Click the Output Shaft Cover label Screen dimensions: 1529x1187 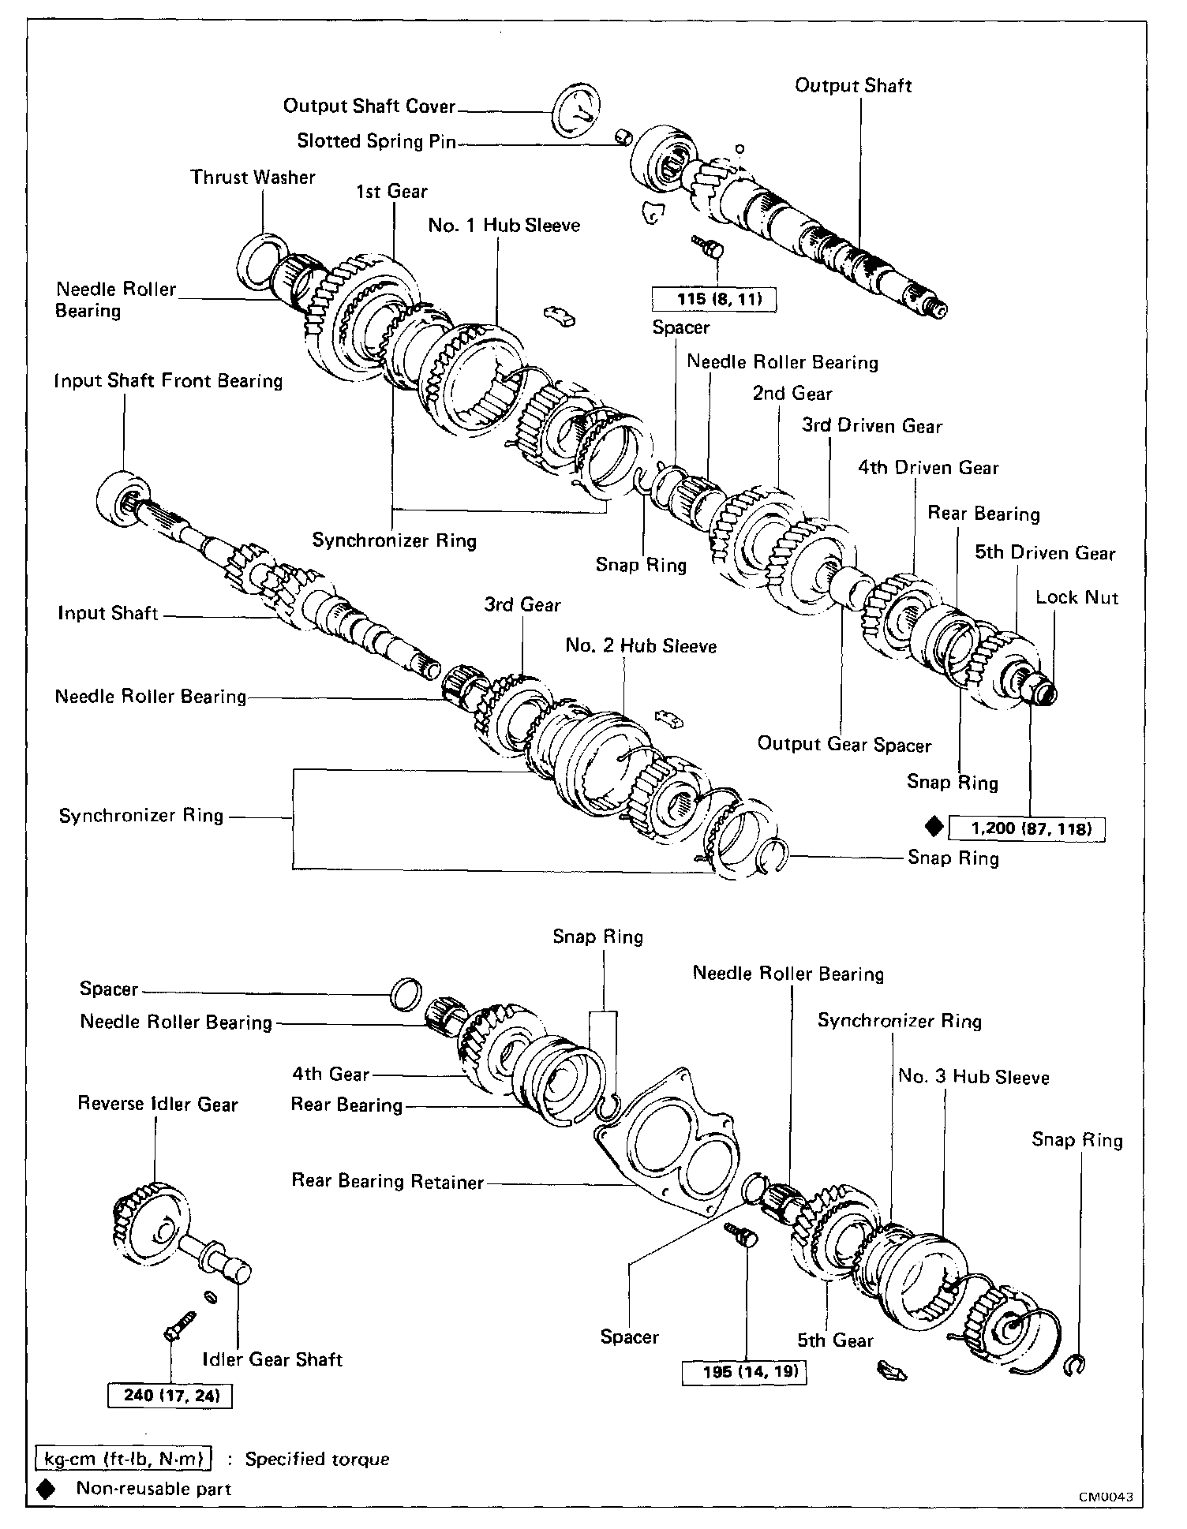click(x=369, y=106)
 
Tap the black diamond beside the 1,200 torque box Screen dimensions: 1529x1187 click(x=934, y=826)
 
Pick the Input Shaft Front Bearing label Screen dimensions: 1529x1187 click(x=168, y=381)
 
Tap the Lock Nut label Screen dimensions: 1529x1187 click(x=1077, y=597)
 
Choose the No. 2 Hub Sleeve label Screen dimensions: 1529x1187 click(x=641, y=646)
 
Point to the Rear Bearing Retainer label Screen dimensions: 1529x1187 click(x=388, y=1181)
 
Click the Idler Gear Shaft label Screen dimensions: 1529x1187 click(x=272, y=1359)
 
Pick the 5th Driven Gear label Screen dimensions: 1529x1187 click(x=1045, y=552)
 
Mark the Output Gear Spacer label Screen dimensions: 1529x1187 click(x=844, y=744)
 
